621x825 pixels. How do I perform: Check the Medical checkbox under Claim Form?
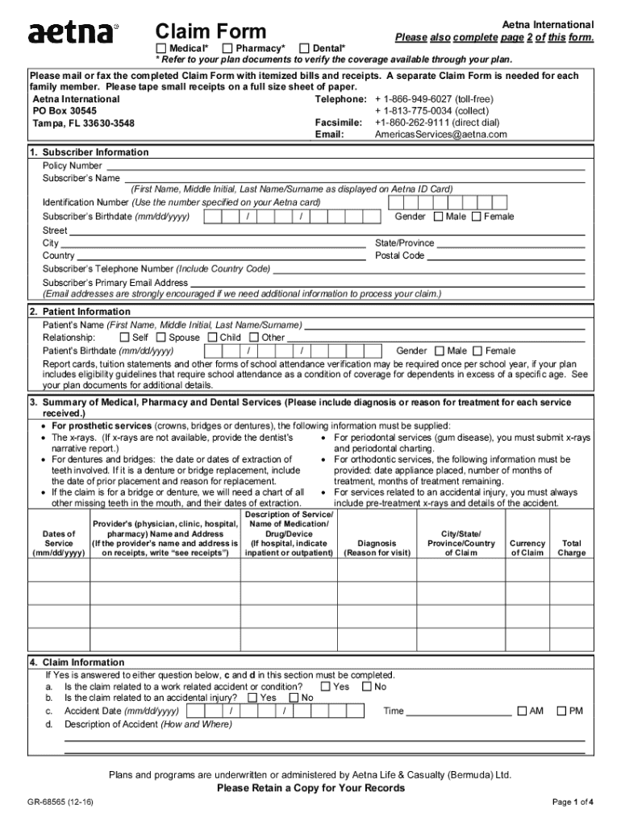point(161,48)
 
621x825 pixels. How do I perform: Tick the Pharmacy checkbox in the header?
point(228,48)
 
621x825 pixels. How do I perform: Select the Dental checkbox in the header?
point(305,48)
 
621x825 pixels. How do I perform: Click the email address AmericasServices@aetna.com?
point(440,135)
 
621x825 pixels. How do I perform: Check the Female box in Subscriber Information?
point(476,217)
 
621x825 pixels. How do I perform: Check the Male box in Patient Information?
point(440,351)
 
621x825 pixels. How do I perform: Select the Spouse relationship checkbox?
point(160,338)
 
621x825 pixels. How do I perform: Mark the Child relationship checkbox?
point(213,338)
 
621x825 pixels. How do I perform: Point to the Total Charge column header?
point(572,548)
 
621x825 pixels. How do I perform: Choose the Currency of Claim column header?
point(527,548)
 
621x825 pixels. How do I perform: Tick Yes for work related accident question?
point(326,686)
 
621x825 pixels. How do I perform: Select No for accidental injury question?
point(294,698)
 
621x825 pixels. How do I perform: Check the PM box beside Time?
point(561,711)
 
